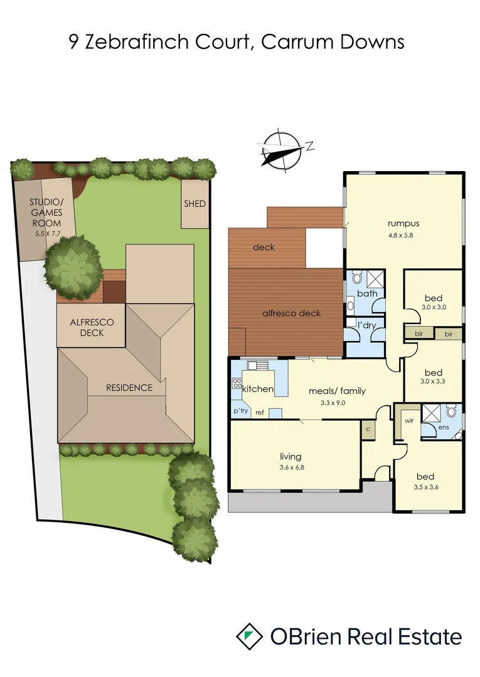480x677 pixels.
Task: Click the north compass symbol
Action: [282, 150]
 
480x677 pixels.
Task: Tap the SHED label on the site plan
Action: [195, 204]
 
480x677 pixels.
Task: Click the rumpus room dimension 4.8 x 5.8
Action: [403, 235]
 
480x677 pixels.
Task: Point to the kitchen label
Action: [258, 389]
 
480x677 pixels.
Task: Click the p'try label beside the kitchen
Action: [241, 411]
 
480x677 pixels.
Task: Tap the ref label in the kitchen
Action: [259, 412]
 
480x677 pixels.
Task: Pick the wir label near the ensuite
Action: [408, 421]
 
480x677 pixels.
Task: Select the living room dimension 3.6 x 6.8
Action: [291, 467]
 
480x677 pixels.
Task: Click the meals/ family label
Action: [336, 391]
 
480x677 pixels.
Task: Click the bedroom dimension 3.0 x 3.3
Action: [433, 381]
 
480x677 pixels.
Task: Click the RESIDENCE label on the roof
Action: [129, 387]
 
